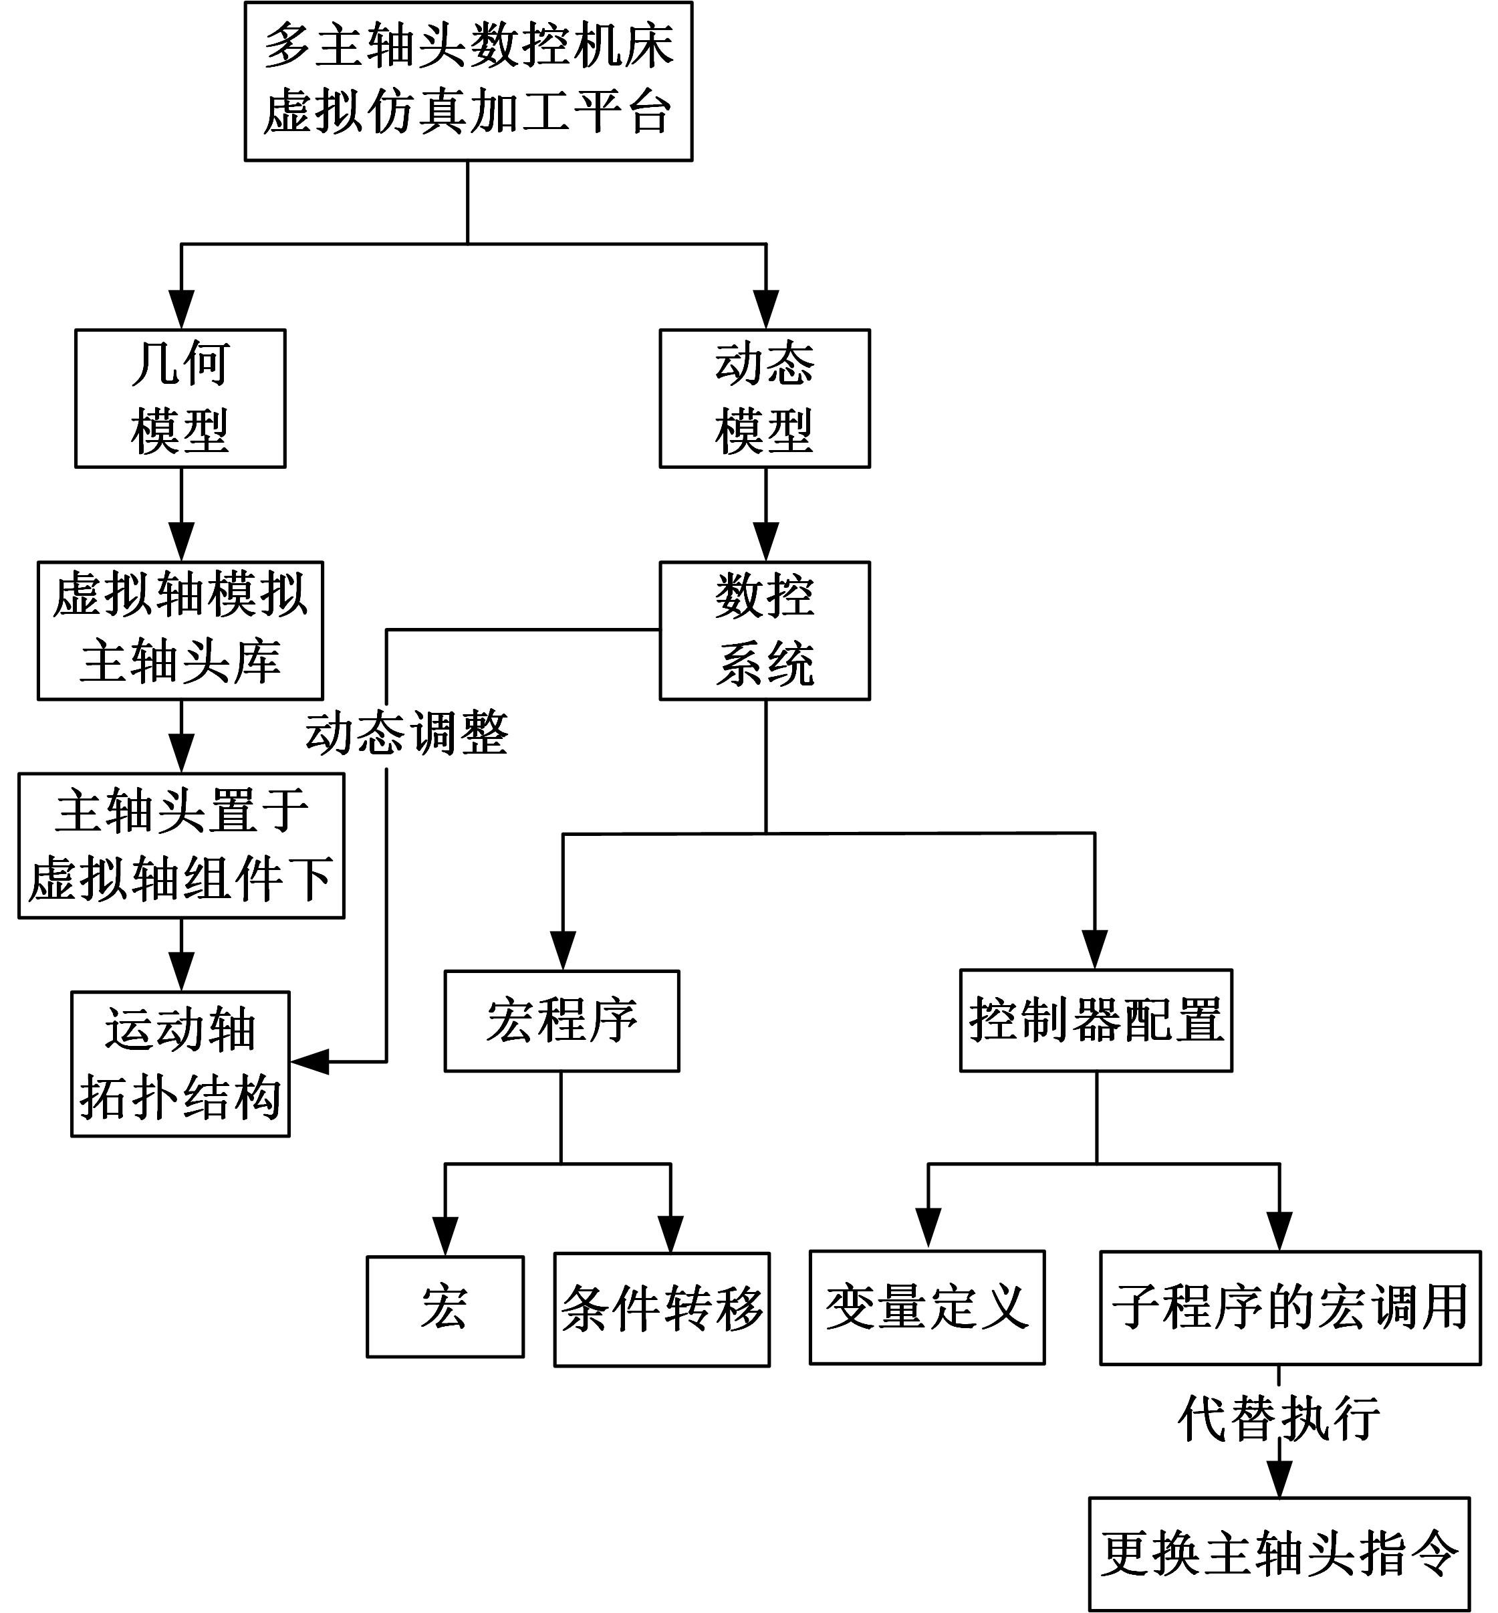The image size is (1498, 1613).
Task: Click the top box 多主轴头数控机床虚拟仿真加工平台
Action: tap(468, 81)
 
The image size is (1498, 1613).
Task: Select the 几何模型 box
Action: tap(180, 397)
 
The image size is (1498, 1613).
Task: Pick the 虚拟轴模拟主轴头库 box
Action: tap(180, 629)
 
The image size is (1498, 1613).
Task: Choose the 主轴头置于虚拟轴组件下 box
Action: tap(180, 845)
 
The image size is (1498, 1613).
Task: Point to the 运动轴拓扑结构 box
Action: tap(180, 1063)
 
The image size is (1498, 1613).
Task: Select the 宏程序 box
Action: tap(561, 1020)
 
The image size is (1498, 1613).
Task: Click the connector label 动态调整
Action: tap(406, 733)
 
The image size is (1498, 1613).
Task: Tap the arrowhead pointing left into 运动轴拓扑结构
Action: tap(309, 1061)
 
